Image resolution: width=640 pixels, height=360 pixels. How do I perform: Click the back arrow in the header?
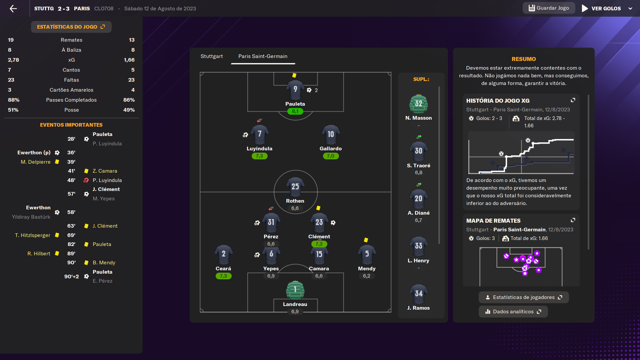(13, 9)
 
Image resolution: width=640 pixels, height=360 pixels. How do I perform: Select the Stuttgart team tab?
(212, 56)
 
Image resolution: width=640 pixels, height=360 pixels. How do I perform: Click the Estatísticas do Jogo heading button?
(71, 27)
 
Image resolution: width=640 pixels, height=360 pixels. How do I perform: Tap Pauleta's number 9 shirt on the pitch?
(295, 90)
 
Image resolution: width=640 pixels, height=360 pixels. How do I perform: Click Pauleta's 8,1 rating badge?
(295, 111)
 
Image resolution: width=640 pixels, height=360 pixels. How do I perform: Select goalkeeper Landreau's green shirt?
(295, 290)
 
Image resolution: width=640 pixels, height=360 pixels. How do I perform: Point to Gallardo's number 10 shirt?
(330, 134)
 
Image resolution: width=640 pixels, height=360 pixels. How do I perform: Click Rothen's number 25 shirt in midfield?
(295, 187)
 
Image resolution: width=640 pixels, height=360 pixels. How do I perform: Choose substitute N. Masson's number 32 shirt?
(418, 104)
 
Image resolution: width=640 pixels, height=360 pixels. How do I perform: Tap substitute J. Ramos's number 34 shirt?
(418, 294)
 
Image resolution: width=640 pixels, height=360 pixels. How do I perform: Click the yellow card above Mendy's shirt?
(366, 240)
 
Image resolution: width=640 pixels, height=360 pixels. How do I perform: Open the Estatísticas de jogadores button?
(524, 297)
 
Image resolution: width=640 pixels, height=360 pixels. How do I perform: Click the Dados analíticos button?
(513, 312)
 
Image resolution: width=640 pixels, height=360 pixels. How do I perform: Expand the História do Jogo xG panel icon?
(573, 100)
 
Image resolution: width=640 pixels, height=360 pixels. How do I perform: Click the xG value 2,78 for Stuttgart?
(14, 60)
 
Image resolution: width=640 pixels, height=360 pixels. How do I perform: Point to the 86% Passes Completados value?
(129, 100)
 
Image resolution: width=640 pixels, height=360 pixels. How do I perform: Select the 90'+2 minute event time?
(72, 276)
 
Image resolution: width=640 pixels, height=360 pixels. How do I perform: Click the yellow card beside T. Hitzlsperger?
(57, 235)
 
